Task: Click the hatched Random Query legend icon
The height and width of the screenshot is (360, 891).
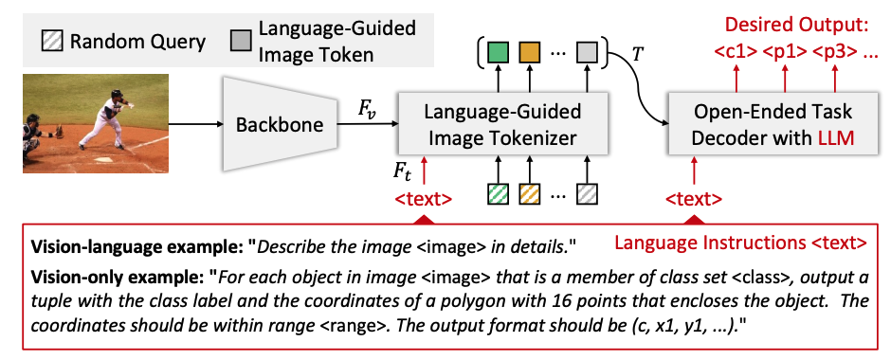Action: pos(51,42)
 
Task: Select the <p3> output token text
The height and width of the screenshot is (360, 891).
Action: pos(833,53)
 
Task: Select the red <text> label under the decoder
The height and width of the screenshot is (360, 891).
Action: pos(694,199)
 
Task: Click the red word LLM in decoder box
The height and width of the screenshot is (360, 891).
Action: pos(834,139)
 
